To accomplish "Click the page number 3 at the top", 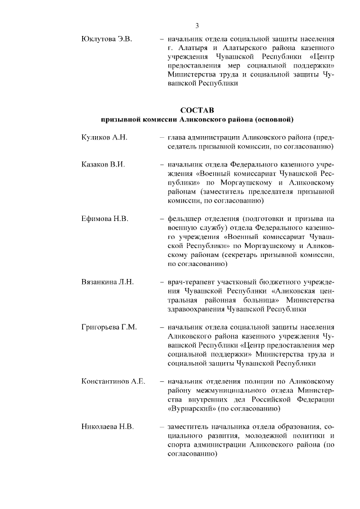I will coord(197,25).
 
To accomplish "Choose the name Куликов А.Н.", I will coord(105,137).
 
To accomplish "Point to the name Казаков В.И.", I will coord(103,165).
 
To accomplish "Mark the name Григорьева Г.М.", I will coord(109,327).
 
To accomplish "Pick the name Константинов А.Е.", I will coord(114,381).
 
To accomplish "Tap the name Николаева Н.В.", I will coord(107,427).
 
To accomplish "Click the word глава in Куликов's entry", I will coord(177,137).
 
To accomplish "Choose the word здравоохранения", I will coord(199,309).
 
